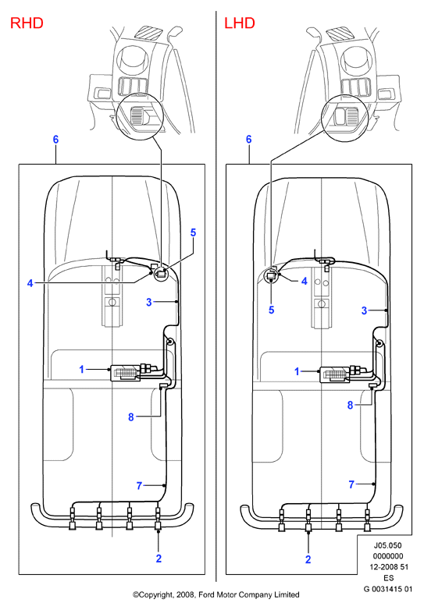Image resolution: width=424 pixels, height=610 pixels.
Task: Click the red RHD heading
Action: pos(27,23)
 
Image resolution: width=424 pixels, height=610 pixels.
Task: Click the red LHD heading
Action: pos(240,23)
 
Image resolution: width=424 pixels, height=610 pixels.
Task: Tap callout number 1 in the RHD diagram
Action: pos(81,369)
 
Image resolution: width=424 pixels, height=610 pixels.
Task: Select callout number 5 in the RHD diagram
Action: pos(193,232)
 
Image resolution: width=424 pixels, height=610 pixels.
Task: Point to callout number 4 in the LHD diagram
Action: pos(305,281)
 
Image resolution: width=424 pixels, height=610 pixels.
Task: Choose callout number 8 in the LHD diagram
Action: pos(350,406)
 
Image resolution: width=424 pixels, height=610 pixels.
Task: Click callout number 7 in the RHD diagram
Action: pos(140,485)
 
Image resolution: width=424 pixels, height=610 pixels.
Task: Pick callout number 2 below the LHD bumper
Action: pos(308,559)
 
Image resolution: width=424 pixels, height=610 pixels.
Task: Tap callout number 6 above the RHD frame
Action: pos(55,140)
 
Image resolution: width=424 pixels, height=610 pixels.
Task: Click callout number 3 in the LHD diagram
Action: pos(364,310)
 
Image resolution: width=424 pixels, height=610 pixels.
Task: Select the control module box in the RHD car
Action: pos(126,373)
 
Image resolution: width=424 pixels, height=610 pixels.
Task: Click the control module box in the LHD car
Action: pos(334,374)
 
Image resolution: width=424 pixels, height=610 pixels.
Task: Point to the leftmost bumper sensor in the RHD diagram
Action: pos(73,518)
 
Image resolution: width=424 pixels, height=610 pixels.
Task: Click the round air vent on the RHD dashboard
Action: pos(133,60)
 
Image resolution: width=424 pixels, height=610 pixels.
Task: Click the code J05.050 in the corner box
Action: pos(388,545)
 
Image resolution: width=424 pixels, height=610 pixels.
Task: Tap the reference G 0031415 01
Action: pos(388,589)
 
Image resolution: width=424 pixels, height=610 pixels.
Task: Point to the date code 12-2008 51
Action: pos(389,567)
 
